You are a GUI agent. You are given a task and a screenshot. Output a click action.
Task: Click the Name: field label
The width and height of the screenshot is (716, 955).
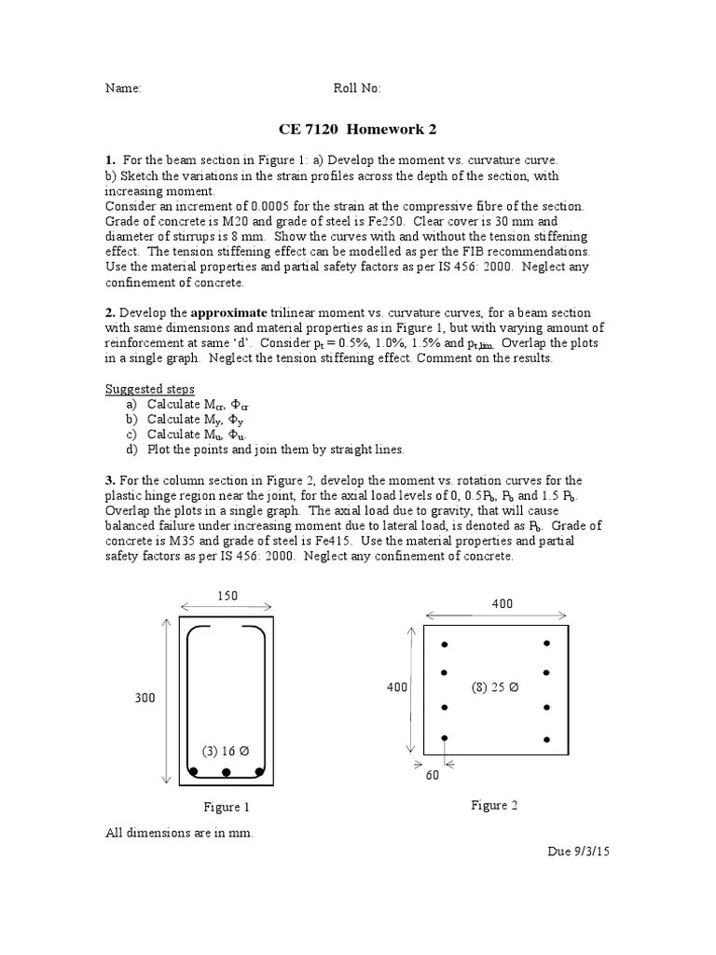(122, 89)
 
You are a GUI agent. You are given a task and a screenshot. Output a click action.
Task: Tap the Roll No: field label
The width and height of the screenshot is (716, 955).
(357, 89)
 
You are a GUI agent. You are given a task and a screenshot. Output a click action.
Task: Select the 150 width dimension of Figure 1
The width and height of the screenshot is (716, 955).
(226, 594)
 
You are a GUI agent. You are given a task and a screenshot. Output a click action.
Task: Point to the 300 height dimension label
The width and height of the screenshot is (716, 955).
(145, 698)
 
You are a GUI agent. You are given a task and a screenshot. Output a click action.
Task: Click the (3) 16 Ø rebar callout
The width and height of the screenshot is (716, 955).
(226, 751)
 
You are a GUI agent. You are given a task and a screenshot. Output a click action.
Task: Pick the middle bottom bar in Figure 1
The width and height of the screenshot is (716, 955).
(226, 772)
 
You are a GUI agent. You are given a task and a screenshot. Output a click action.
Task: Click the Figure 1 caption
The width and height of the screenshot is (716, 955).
(227, 807)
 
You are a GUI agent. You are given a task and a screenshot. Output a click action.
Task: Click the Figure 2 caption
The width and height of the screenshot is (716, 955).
(494, 805)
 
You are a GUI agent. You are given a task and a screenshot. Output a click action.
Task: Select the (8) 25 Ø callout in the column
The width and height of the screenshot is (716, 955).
(495, 687)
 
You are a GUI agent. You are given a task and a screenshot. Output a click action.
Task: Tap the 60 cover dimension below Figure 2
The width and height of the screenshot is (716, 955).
(432, 774)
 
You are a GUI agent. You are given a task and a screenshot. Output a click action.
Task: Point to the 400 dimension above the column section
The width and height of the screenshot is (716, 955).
(503, 604)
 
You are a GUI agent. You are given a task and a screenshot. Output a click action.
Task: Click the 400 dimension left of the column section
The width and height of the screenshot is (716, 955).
(396, 687)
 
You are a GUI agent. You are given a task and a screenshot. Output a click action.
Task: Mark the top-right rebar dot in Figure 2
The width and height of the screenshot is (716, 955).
(547, 644)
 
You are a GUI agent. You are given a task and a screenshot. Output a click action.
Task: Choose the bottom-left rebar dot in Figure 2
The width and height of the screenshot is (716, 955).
(445, 737)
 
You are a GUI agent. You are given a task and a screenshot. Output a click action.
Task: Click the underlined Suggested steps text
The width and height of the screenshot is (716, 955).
(150, 388)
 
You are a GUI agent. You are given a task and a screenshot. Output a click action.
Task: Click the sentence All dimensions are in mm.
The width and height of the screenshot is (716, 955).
(179, 833)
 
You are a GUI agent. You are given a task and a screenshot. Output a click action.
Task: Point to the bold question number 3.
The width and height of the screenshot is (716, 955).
(109, 479)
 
